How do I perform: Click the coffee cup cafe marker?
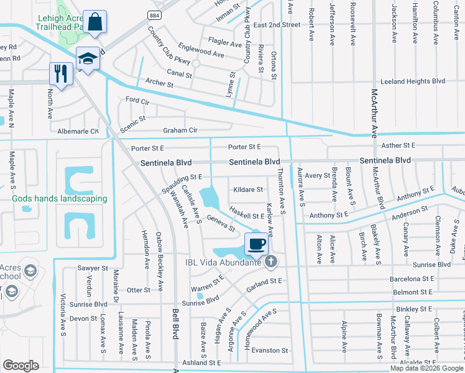click(256, 244)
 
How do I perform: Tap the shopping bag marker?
click(95, 22)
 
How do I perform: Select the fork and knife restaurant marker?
click(60, 73)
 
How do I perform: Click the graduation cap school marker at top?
click(88, 58)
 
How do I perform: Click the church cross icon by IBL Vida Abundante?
click(270, 262)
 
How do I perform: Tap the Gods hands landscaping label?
click(60, 199)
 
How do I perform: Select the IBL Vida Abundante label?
click(224, 262)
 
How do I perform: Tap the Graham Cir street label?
click(180, 131)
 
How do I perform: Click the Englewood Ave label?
click(201, 55)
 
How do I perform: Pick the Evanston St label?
click(270, 351)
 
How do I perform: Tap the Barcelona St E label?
click(412, 279)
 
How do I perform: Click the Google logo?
click(21, 366)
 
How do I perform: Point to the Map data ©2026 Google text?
click(426, 368)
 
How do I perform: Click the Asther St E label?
click(399, 145)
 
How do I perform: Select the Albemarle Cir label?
click(78, 131)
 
